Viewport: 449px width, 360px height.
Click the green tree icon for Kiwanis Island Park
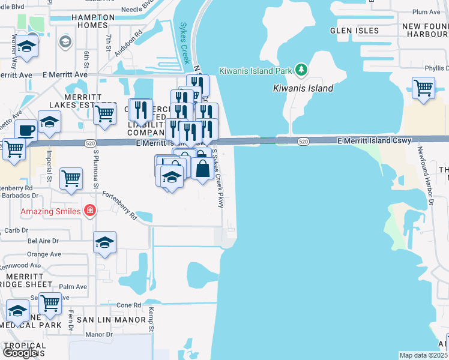click(x=301, y=70)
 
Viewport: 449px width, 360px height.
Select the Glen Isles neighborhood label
click(x=354, y=31)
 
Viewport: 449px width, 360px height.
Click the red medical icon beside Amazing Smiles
click(x=90, y=211)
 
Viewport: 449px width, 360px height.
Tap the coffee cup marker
click(x=26, y=130)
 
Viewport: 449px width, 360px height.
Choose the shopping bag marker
click(x=203, y=169)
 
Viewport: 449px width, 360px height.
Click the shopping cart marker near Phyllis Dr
click(x=424, y=88)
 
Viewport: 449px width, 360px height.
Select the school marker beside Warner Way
click(x=26, y=47)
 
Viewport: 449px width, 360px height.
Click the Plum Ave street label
click(x=427, y=12)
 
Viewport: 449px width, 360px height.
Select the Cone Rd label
click(x=128, y=305)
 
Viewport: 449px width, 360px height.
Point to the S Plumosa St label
click(x=95, y=169)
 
